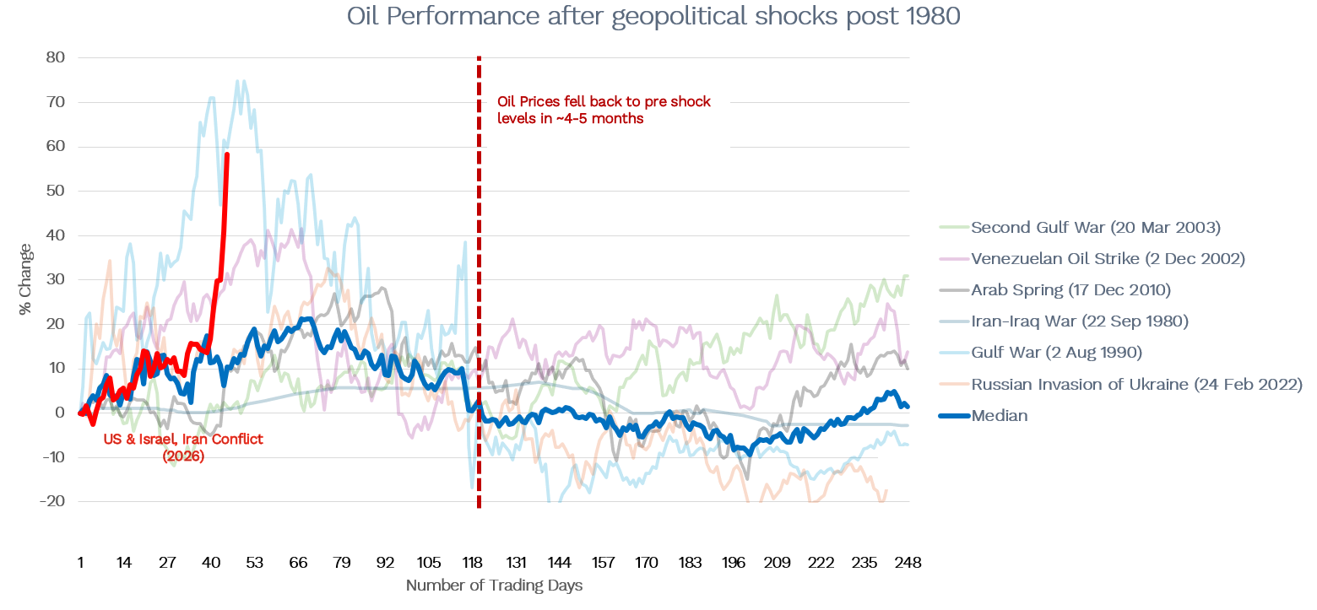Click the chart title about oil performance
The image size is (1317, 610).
653,17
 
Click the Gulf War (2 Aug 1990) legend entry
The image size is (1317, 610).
1056,353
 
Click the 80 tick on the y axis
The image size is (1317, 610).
56,57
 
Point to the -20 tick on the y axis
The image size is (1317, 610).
52,501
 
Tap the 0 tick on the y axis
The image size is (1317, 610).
60,413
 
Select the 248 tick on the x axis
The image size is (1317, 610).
908,563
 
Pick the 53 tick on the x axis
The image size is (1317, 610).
254,563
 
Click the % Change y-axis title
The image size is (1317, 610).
26,279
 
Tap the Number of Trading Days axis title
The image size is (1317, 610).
494,585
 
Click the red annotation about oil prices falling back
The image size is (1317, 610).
604,110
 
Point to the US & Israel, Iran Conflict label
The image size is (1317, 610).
183,447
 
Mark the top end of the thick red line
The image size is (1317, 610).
227,154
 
